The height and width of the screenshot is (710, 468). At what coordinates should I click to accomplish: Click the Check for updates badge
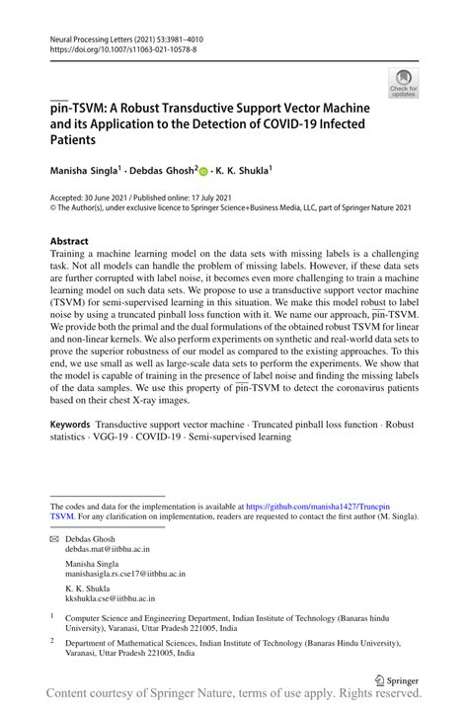pyautogui.click(x=403, y=83)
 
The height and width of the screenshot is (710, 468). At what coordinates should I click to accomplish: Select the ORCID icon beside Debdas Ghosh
pyautogui.click(x=204, y=171)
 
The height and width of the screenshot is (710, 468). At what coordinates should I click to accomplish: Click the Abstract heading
pyautogui.click(x=69, y=241)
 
